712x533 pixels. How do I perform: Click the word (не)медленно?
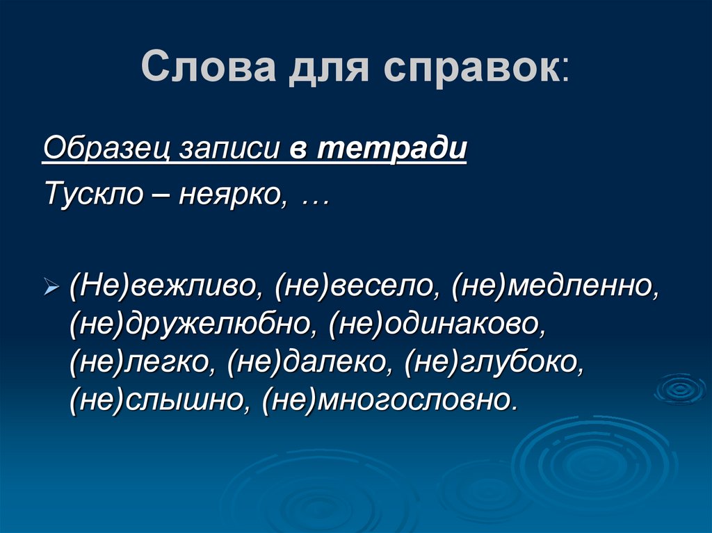[553, 287]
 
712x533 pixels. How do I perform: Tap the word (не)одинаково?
[439, 325]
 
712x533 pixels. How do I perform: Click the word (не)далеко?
[309, 363]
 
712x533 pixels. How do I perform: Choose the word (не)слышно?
[156, 401]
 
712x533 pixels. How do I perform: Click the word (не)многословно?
[390, 401]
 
